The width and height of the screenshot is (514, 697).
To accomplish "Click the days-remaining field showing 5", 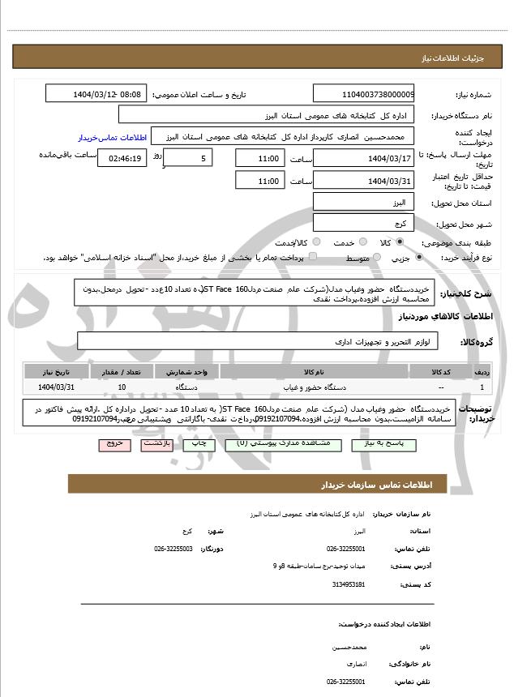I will pyautogui.click(x=191, y=159).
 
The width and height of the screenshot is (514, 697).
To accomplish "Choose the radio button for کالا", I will pyautogui.click(x=400, y=242).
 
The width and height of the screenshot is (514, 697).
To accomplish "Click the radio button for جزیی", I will pyautogui.click(x=418, y=258).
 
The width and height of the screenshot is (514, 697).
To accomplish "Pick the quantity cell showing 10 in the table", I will pyautogui.click(x=122, y=387).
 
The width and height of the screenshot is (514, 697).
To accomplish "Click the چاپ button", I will pyautogui.click(x=195, y=444).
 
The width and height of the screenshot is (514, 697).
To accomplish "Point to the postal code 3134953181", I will pyautogui.click(x=349, y=584).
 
